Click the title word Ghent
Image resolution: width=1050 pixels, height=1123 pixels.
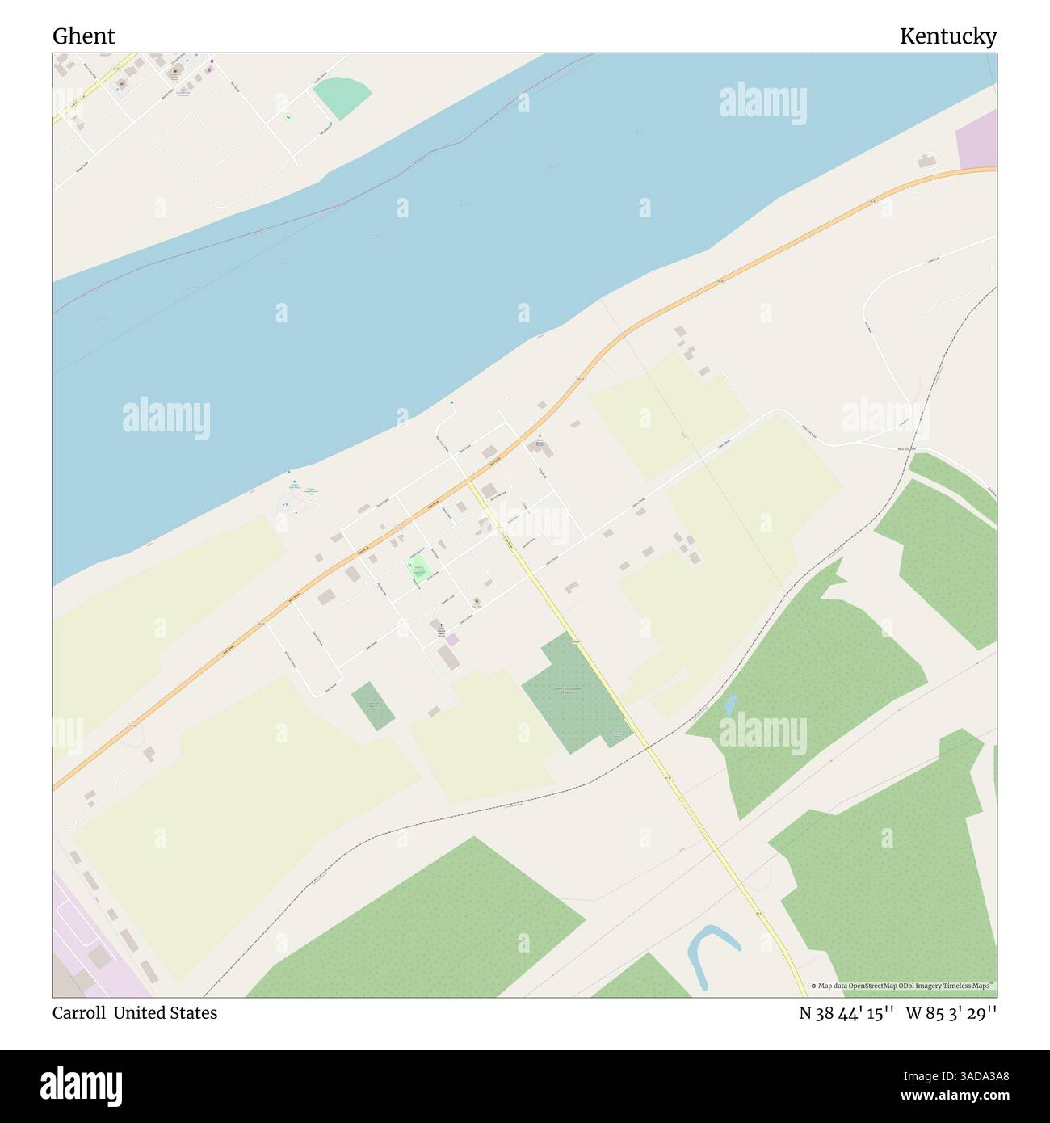point(84,36)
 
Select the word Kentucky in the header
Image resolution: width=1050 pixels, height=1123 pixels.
point(947,36)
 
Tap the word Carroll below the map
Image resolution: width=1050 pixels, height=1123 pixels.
point(78,1013)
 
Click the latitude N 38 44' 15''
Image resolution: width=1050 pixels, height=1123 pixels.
point(846,1013)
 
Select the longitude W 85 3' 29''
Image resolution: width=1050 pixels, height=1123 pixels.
point(951,1013)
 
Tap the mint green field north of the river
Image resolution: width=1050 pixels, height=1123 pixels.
point(342,97)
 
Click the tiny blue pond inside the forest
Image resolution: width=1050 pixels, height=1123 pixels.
point(731,704)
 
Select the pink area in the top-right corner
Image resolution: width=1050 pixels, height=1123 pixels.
point(976,139)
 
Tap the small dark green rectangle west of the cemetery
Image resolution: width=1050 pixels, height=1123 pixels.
point(372,706)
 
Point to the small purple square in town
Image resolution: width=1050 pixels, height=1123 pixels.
point(452,640)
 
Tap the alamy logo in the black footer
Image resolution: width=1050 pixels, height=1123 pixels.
point(82,1085)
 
